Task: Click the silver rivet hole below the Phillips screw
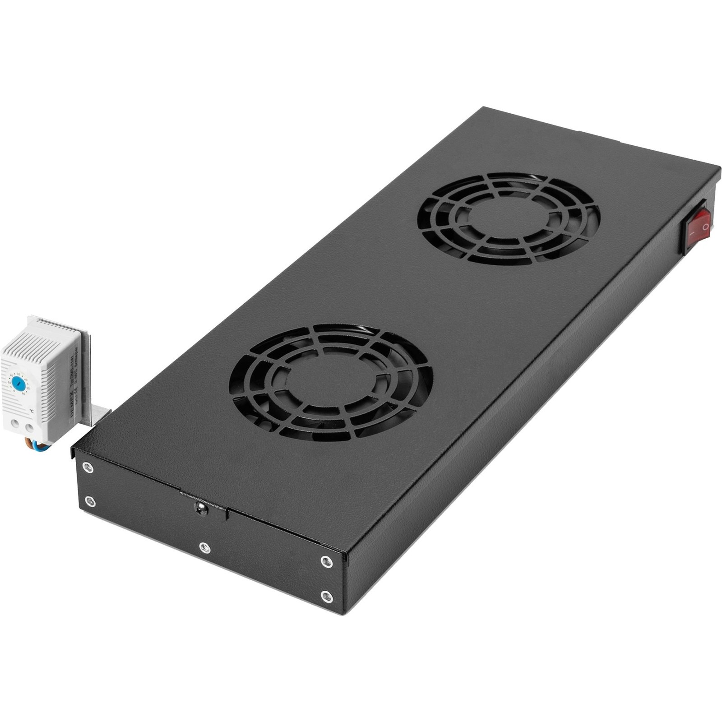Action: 204,547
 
